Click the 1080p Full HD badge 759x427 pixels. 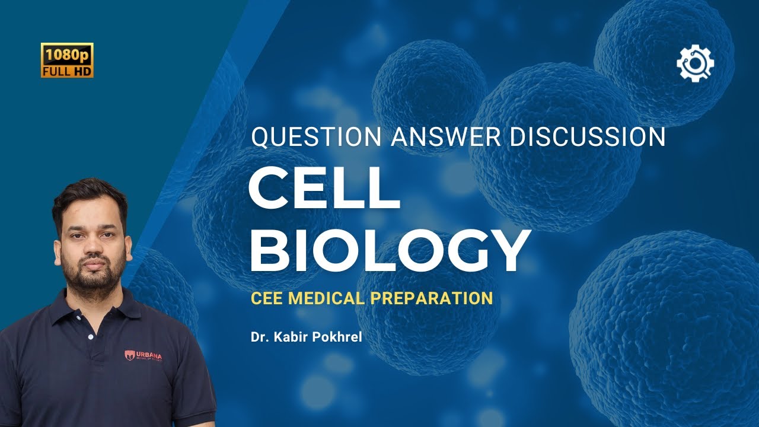(x=67, y=60)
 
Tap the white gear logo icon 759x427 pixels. (x=695, y=62)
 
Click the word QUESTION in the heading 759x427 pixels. (x=316, y=137)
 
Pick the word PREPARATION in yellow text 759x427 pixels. (x=432, y=297)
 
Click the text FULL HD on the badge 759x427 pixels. (x=67, y=71)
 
